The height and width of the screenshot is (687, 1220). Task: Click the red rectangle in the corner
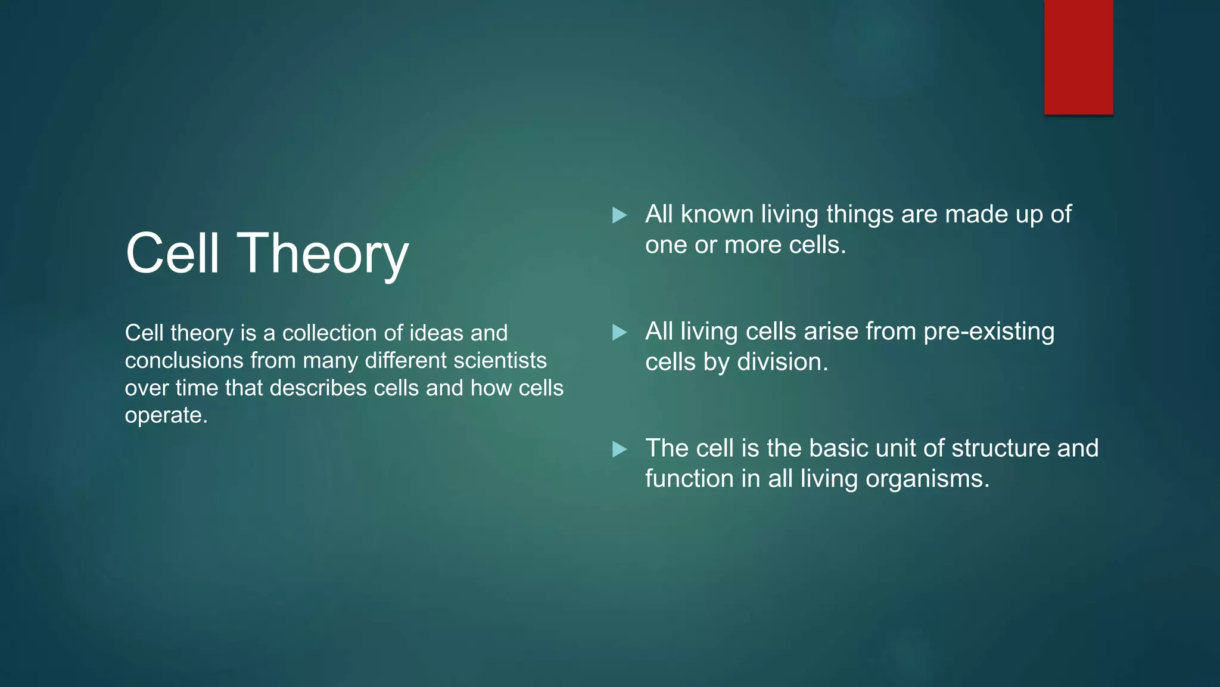click(x=1078, y=57)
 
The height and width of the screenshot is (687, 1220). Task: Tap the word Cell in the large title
click(x=172, y=253)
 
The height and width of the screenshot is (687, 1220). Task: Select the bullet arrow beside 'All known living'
click(x=620, y=215)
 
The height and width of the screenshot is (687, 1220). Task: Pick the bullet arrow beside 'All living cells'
click(x=620, y=332)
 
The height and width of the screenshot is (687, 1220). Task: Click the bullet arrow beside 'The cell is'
click(x=620, y=449)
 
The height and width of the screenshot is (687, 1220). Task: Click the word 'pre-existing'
click(x=989, y=332)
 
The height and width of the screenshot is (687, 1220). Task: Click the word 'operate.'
click(x=166, y=416)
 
